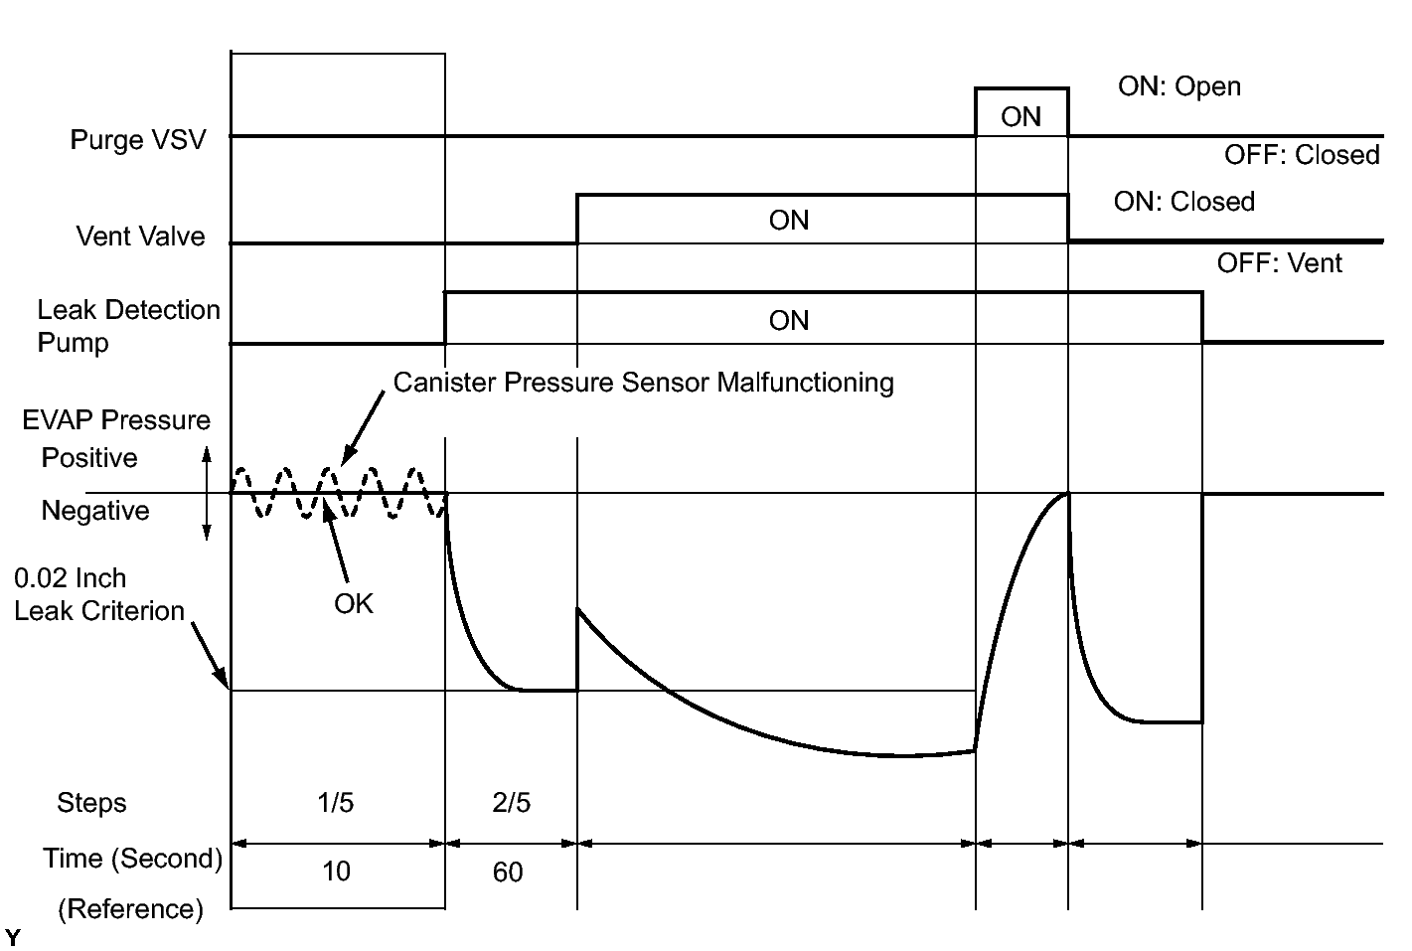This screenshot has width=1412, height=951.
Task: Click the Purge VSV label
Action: coord(138,139)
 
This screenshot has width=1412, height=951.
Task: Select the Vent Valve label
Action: coord(141,237)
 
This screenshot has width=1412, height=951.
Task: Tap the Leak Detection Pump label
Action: coord(128,326)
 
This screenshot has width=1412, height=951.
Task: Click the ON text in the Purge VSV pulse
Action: coord(1020,117)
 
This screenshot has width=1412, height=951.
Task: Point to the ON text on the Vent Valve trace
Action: coord(789,221)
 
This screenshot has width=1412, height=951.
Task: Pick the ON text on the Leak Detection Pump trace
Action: coord(789,321)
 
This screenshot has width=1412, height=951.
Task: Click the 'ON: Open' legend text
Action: coord(1179,86)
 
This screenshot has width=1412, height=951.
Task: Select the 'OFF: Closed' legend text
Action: coord(1302,155)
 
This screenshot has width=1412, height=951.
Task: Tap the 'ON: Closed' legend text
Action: coord(1184,202)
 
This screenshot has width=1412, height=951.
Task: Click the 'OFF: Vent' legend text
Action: coord(1280,263)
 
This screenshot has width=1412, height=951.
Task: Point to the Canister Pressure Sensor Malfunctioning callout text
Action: coord(644,383)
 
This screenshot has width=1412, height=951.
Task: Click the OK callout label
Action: coord(354,603)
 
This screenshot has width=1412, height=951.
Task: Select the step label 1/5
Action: coord(336,803)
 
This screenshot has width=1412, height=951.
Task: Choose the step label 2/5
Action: coord(511,803)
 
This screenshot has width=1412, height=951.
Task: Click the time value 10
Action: coord(336,872)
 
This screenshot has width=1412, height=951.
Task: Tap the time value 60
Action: coord(508,872)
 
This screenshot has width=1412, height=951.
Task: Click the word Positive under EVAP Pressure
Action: coord(89,458)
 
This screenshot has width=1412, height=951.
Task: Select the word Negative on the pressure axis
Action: coord(95,511)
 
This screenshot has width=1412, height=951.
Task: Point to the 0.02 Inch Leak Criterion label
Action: coord(99,594)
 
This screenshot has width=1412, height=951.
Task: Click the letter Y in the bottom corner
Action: coord(13,937)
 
